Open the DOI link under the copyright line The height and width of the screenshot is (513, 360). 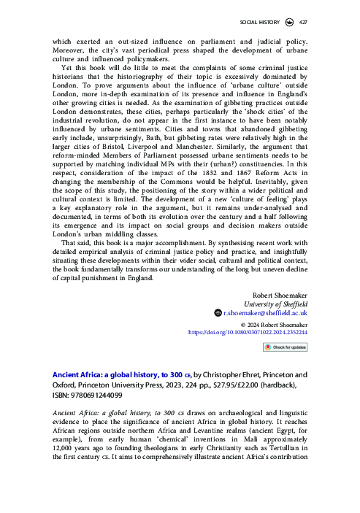(258, 331)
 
